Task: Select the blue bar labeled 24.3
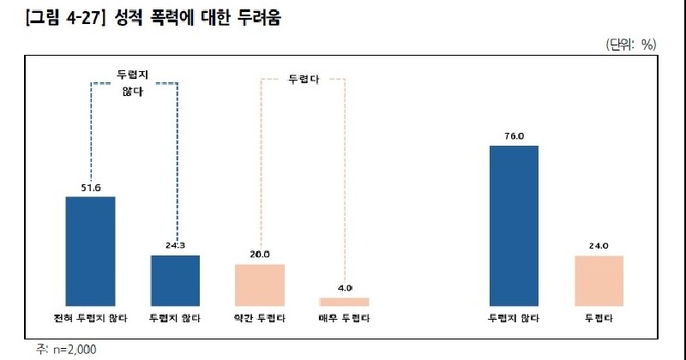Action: [175, 279]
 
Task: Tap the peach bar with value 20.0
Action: [260, 284]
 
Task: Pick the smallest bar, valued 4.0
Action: [344, 301]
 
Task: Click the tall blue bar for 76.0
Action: [514, 225]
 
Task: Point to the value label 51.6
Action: [90, 187]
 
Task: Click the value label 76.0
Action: [514, 136]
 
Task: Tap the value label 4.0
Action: [345, 288]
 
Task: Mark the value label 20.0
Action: [260, 255]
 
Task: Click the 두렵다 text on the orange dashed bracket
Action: [302, 79]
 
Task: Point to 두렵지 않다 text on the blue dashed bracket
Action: [133, 82]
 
